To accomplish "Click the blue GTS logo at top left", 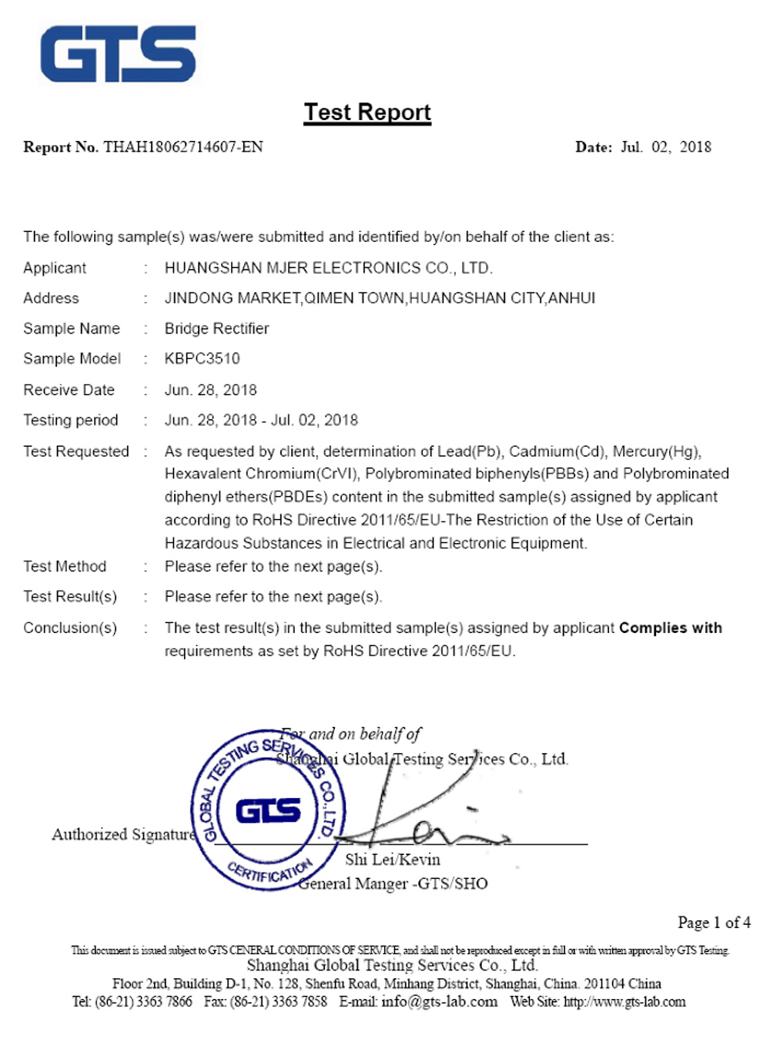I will pos(118,54).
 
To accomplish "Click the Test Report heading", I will pos(367,112).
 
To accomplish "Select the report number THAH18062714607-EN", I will pos(183,147).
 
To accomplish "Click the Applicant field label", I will pos(55,268).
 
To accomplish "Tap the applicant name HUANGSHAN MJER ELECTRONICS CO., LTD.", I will pos(328,268).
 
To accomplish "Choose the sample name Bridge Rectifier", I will pos(216,329).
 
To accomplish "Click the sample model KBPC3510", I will pos(202,359).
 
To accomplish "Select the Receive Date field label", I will pos(69,390).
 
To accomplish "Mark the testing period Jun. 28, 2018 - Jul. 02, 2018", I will pos(261,421).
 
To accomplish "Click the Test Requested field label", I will pos(75,451).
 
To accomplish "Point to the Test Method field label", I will pos(65,567).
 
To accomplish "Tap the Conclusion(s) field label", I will pos(70,628).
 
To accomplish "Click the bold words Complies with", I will pos(670,628).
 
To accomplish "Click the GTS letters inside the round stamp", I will pos(268,811).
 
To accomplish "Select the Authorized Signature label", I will pos(123,835).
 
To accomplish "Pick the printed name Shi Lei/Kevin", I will pos(393,860).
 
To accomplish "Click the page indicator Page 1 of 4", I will pos(714,923).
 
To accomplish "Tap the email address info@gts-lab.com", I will pos(439,1002).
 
